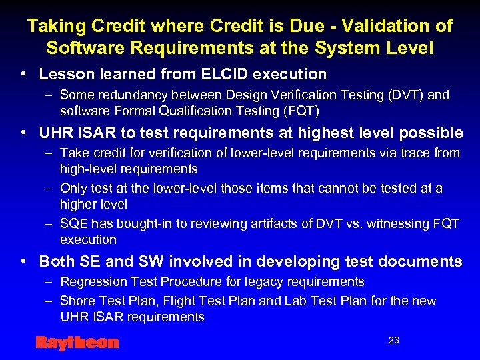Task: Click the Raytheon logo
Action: pyautogui.click(x=77, y=343)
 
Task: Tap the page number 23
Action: pyautogui.click(x=394, y=340)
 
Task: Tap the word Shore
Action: pyautogui.click(x=76, y=301)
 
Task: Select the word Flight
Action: pyautogui.click(x=189, y=301)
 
